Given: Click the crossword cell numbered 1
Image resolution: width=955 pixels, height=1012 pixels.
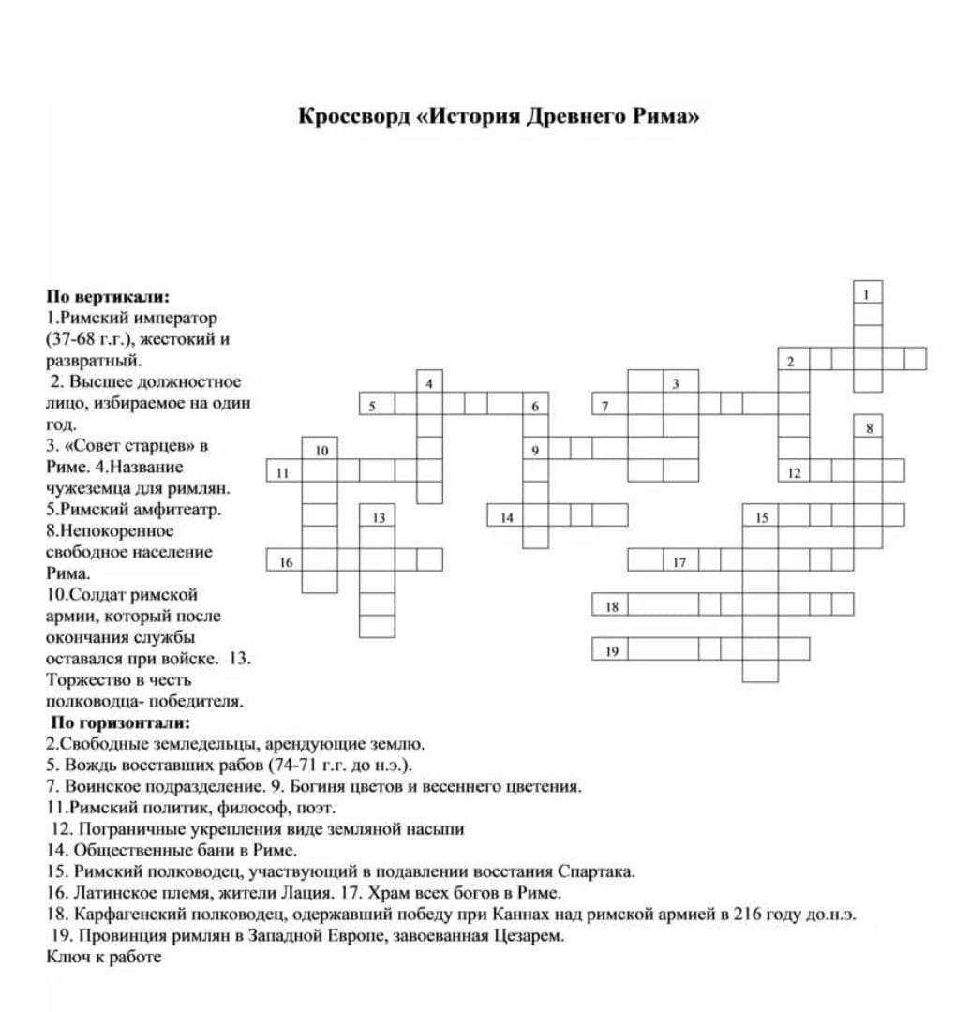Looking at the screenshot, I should (867, 292).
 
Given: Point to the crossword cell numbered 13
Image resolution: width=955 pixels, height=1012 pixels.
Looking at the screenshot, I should (378, 516).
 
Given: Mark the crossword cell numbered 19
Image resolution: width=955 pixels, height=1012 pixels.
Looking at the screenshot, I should (610, 649).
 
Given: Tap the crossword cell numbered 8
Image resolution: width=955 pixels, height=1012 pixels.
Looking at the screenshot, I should (868, 427).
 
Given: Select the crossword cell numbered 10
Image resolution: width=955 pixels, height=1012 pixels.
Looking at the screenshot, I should (320, 449).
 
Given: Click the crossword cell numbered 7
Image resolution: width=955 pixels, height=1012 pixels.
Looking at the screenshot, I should (610, 405).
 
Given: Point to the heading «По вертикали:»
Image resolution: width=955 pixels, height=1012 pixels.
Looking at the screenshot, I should (108, 297).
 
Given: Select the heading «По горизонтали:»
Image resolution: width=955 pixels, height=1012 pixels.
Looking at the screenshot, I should (120, 722).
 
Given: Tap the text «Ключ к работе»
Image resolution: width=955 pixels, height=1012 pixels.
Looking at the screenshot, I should (103, 957).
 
